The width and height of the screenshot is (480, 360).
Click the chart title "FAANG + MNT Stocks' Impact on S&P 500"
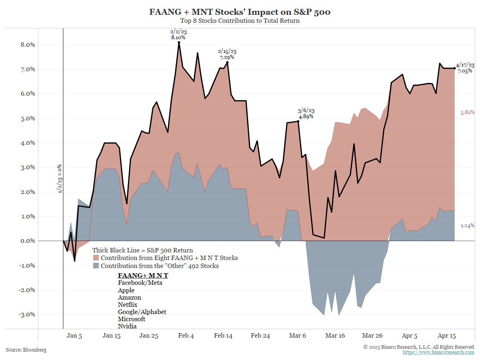point(240,12)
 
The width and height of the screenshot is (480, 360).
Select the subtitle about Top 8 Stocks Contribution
point(240,21)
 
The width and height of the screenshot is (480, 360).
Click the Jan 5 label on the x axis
point(74,336)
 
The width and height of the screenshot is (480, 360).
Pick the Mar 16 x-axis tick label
point(335,336)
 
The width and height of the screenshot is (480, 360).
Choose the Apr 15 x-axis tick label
point(446,336)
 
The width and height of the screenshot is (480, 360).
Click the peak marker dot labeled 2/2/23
point(179,42)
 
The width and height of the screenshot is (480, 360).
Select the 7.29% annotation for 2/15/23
point(227,57)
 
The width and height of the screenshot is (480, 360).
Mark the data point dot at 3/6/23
point(298,121)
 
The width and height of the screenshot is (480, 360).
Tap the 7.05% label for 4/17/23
point(465,71)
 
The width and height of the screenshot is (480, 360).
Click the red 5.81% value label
point(467,113)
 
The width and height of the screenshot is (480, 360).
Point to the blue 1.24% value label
point(467,226)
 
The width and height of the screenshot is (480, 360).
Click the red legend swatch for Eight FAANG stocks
point(96,258)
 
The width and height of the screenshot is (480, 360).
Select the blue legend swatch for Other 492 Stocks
point(96,266)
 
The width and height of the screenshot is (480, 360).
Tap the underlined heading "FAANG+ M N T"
point(143,276)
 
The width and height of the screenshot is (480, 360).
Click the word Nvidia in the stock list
point(127,326)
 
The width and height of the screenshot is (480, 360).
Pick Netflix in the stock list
point(128,304)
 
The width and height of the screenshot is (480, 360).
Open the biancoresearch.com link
point(438,352)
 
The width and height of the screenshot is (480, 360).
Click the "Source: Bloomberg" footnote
point(26,350)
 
